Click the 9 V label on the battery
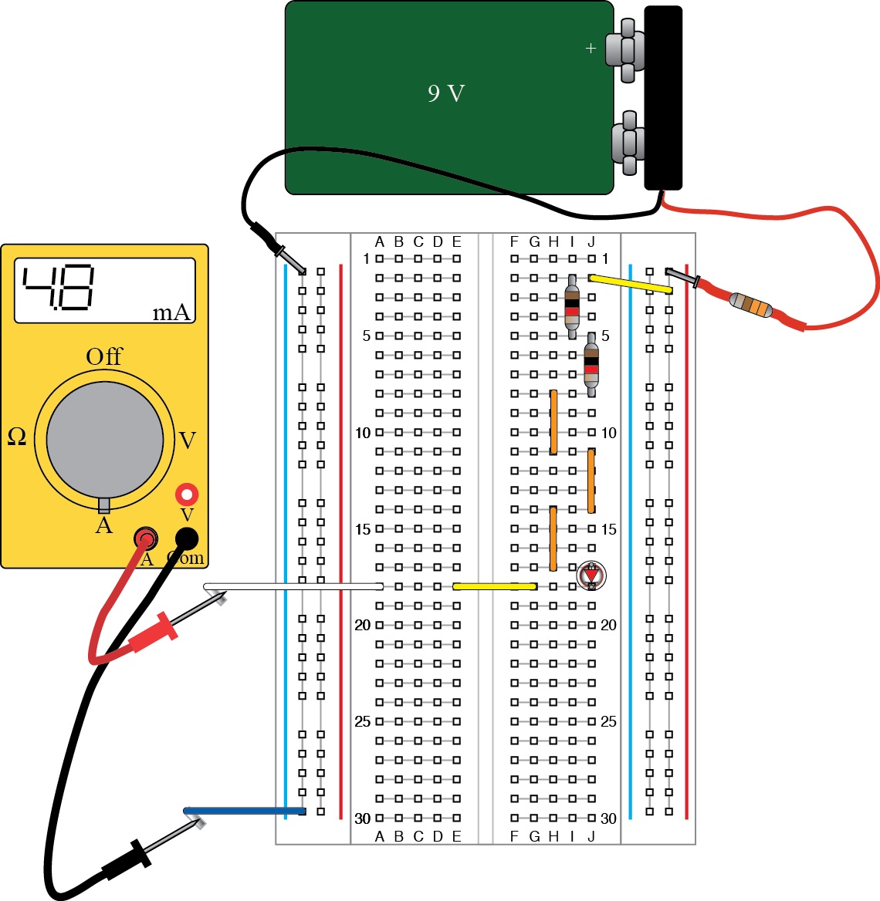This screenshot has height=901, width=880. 446,93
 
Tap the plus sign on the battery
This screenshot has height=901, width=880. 591,49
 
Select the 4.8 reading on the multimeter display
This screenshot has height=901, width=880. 59,288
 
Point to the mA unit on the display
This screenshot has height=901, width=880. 171,312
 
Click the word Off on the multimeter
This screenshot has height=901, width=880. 104,356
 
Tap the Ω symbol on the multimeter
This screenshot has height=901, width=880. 16,437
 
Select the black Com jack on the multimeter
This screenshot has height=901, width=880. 187,538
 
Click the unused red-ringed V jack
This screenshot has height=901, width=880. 187,494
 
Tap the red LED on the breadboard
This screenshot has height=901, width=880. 591,575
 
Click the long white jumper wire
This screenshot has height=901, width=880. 293,587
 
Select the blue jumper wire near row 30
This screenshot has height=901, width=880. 245,811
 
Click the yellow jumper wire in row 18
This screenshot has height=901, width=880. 495,586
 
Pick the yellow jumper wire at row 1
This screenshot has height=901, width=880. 630,284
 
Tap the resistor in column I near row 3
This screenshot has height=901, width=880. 572,306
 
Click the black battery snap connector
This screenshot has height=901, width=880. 663,97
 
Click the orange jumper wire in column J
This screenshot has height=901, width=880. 591,481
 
